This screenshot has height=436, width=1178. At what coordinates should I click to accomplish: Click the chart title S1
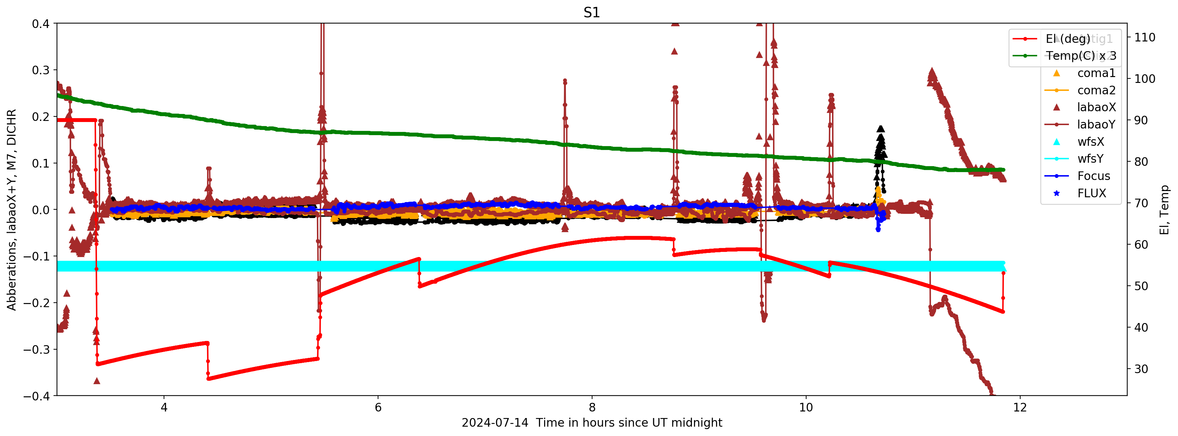(x=591, y=12)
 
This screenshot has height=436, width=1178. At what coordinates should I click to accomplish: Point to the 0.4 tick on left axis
(x=41, y=24)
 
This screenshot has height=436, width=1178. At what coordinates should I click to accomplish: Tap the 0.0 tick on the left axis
(x=41, y=210)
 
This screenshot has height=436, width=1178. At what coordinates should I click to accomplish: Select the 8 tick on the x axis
(x=592, y=407)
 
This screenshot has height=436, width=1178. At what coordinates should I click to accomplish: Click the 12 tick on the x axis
(x=1020, y=407)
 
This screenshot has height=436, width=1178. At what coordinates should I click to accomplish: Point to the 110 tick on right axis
(x=1145, y=38)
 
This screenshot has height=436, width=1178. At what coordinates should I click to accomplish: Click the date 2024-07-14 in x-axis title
(x=495, y=423)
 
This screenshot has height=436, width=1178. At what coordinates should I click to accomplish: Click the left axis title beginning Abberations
(x=11, y=210)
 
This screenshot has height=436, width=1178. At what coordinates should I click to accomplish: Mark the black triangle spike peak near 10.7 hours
(x=880, y=129)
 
